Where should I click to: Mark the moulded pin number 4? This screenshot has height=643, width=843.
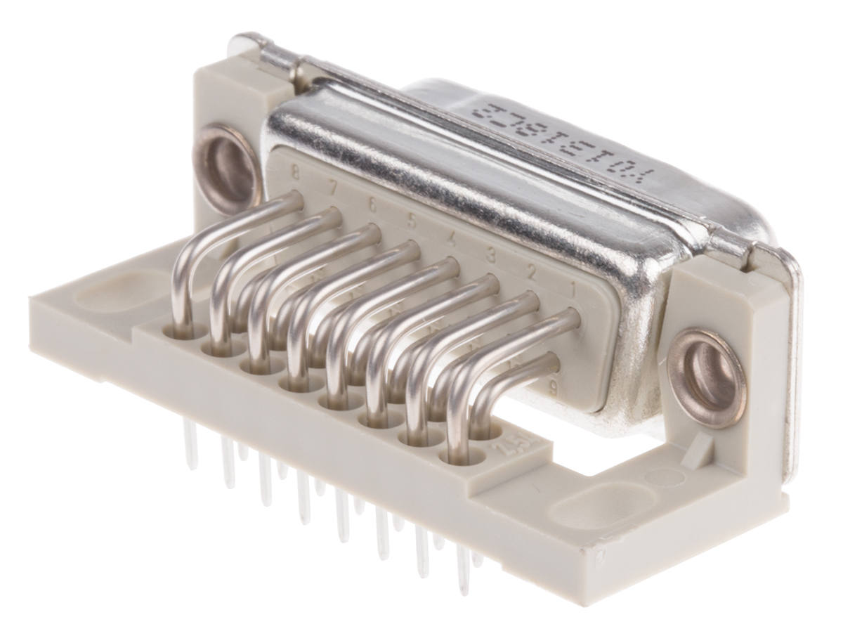point(452,238)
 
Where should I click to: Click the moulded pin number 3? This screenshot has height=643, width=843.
point(491,254)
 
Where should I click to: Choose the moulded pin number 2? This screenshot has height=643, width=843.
point(532,271)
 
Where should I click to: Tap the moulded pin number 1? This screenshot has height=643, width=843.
point(573,287)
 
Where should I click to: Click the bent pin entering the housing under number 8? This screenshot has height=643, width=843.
point(281,204)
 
